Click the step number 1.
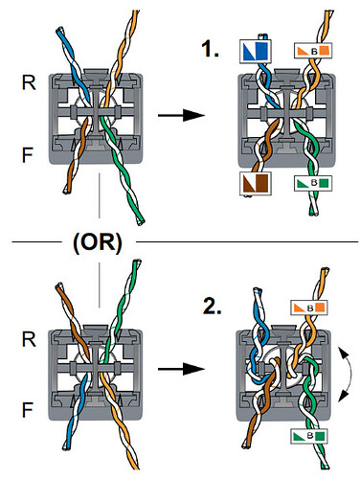click(x=210, y=50)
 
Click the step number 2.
click(x=212, y=307)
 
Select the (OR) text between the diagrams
click(x=98, y=242)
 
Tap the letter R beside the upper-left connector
click(x=29, y=82)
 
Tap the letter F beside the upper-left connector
click(x=28, y=155)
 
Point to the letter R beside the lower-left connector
click(x=29, y=339)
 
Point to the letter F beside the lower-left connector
click(x=28, y=410)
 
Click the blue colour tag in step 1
click(x=256, y=51)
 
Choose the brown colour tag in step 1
click(x=256, y=183)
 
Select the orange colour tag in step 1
click(x=313, y=51)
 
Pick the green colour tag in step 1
click(x=313, y=183)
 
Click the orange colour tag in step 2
click(x=309, y=308)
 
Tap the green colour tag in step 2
click(x=309, y=436)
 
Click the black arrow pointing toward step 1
click(x=181, y=115)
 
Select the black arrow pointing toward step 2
click(x=181, y=369)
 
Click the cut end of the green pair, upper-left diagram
click(x=141, y=221)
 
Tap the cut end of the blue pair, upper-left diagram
click(x=60, y=31)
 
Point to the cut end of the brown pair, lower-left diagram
click(x=59, y=285)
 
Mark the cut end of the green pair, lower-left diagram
click(x=137, y=262)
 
